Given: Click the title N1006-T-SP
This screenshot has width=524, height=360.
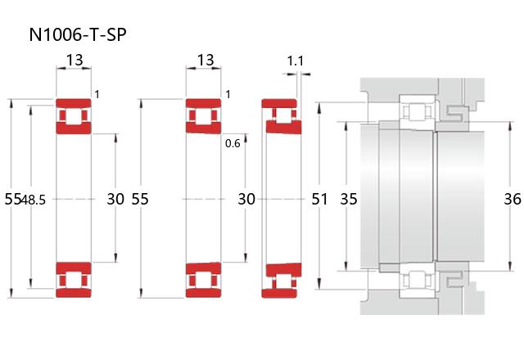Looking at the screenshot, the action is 78,34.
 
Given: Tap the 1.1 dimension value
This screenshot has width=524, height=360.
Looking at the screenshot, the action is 296,61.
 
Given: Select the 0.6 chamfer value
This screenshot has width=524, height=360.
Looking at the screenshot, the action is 233,144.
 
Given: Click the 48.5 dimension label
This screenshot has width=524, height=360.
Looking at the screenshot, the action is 33,200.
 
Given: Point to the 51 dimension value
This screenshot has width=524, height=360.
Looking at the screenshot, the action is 319,199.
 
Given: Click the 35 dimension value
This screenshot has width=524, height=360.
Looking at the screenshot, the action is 349,199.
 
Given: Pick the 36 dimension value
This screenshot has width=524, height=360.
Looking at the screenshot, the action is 513,199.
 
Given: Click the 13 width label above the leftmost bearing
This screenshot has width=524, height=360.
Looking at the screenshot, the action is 75,60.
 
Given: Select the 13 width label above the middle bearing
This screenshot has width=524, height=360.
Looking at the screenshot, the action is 206,60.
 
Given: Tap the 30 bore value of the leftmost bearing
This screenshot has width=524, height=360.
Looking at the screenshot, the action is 115,199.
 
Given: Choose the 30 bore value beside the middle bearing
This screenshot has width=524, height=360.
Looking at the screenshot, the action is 246,199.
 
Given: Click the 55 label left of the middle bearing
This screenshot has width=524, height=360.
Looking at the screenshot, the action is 140,199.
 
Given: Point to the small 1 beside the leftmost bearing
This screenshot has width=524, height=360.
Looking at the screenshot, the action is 97,95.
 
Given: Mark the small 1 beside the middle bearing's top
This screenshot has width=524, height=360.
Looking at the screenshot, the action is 228,95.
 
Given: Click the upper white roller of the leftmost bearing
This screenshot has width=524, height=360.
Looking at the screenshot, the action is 74,115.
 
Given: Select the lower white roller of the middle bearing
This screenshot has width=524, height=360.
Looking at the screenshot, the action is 204,280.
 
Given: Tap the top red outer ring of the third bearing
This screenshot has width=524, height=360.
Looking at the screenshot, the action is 279,103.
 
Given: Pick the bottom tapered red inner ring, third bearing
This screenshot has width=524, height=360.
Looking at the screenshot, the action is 284,270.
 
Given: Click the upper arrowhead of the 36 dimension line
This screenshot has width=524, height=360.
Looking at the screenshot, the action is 510,126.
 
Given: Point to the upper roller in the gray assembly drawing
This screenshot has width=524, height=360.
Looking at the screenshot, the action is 417,111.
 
